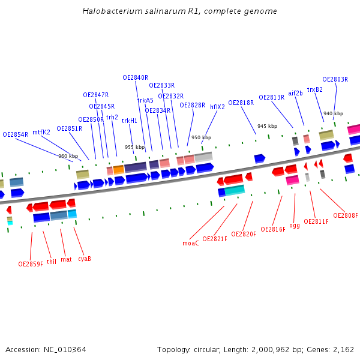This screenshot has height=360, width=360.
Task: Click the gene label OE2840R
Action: pos(135,77)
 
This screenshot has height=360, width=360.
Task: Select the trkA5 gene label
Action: pos(145,100)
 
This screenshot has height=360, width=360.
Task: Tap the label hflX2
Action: pos(217,107)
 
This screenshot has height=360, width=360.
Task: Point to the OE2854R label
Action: pos(16,134)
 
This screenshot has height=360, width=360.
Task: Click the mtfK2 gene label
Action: pos(41,132)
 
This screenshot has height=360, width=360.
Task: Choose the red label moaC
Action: pos(190,243)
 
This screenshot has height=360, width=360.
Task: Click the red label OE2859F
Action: pos(31,264)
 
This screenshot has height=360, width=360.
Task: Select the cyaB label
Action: pos(85,259)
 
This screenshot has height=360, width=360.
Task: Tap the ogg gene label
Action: pos(295,226)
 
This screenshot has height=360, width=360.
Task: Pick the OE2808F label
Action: pos(346,215)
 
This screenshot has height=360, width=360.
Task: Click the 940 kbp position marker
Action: pos(333,113)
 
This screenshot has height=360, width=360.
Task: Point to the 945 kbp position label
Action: pos(267,126)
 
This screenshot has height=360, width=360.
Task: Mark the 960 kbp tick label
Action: pos(68,156)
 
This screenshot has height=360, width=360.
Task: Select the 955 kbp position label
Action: pos(134,147)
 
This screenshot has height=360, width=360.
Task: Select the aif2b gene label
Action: pos(295,93)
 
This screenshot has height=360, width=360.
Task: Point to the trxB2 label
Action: pos(314,89)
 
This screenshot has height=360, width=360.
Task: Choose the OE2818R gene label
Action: pos(241,103)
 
